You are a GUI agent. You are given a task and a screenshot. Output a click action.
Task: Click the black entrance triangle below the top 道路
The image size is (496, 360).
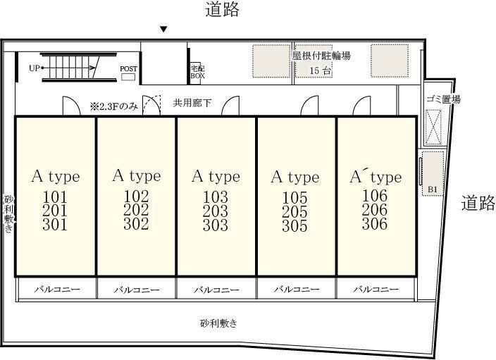[163, 30]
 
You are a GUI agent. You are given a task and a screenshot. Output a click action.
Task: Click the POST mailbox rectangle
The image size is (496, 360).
[128, 77]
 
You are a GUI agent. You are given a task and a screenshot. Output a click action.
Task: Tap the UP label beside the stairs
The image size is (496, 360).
[35, 68]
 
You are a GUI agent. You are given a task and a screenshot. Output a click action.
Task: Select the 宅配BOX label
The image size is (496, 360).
[197, 72]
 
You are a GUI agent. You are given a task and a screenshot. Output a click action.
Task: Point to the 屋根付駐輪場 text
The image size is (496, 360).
[321, 56]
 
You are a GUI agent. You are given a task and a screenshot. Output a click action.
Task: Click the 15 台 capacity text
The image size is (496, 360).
[320, 70]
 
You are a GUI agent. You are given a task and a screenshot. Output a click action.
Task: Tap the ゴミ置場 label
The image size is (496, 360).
[443, 99]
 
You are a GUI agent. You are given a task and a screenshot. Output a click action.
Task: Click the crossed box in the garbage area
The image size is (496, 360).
[433, 127]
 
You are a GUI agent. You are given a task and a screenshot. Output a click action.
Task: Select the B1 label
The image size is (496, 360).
[433, 190]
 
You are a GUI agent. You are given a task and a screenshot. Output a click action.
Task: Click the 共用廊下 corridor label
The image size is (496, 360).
[192, 103]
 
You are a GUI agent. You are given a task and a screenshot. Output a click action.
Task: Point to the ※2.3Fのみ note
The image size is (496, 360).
[114, 106]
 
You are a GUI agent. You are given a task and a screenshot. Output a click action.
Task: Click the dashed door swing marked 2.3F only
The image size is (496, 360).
[152, 105]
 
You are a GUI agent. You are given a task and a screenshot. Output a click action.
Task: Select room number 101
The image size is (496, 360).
[55, 197]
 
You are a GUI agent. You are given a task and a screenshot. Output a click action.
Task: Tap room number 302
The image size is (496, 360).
[136, 223]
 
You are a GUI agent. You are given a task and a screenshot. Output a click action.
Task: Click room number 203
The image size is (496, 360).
[215, 211]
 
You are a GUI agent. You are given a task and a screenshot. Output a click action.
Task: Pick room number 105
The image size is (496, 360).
[294, 198]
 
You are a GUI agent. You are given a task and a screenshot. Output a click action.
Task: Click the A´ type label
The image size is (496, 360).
[376, 177]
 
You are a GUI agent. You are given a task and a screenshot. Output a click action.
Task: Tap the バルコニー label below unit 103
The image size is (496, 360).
[216, 290]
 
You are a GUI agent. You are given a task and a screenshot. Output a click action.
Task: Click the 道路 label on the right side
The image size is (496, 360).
[478, 203]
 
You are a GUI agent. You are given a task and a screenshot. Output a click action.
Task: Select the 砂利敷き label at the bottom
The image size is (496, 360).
[218, 323]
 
